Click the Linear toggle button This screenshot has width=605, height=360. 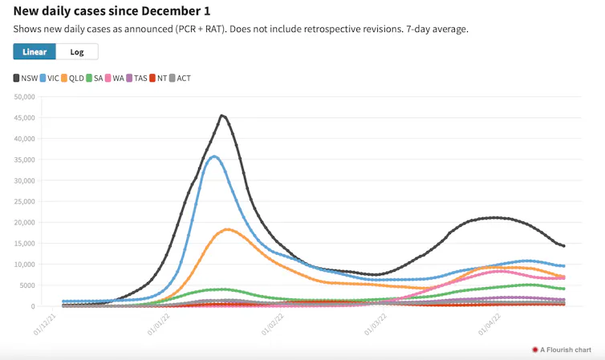pyautogui.click(x=35, y=51)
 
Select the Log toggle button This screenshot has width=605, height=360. pyautogui.click(x=77, y=51)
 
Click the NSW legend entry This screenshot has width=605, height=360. pyautogui.click(x=26, y=79)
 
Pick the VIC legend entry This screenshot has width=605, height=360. pyautogui.click(x=49, y=79)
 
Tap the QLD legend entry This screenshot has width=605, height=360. pyautogui.click(x=72, y=79)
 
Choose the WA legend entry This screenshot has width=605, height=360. pyautogui.click(x=114, y=79)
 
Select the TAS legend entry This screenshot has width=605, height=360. pyautogui.click(x=136, y=79)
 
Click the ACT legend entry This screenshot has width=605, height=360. pyautogui.click(x=180, y=79)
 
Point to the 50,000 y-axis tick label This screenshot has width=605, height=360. pyautogui.click(x=24, y=97)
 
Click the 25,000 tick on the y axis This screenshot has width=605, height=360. pyautogui.click(x=24, y=201)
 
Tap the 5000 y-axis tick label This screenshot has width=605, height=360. pyautogui.click(x=26, y=285)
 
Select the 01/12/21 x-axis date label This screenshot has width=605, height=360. pyautogui.click(x=45, y=325)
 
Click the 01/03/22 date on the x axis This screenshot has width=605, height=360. pyautogui.click(x=376, y=325)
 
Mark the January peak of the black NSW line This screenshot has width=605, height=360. pyautogui.click(x=221, y=115)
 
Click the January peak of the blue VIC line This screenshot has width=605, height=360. pyautogui.click(x=214, y=156)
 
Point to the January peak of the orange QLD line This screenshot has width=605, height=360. pyautogui.click(x=227, y=229)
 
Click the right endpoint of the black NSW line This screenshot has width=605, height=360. pyautogui.click(x=564, y=246)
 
